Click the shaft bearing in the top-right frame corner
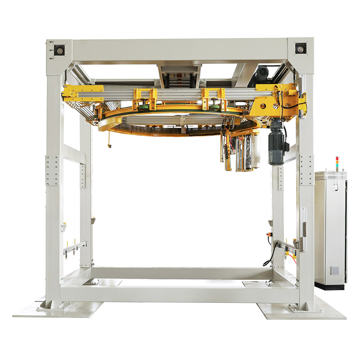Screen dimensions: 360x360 [299, 49]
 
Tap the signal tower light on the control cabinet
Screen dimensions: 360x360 [336, 163]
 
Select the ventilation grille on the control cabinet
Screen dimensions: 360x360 [335, 270]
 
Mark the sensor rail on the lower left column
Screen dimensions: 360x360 [75, 247]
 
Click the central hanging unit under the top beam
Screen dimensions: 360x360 [179, 76]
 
